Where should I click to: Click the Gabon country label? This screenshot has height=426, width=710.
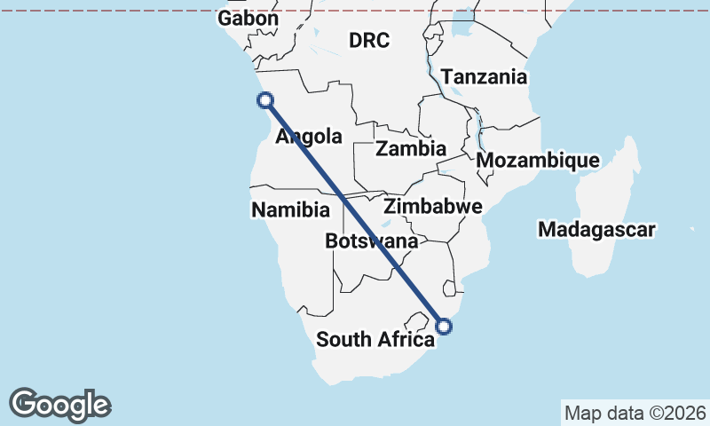click(x=248, y=19)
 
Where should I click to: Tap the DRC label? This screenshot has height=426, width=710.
click(x=368, y=40)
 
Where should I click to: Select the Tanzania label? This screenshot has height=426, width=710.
click(x=484, y=77)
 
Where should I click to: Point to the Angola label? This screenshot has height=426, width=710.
click(x=309, y=137)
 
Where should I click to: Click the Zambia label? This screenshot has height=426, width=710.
click(x=410, y=149)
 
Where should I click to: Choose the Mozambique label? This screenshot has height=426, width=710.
click(x=538, y=161)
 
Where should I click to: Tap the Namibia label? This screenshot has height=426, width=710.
click(x=290, y=210)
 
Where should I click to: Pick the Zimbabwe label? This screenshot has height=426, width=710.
click(x=432, y=207)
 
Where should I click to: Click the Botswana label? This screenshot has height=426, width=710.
click(x=371, y=241)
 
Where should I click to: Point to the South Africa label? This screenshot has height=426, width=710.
click(x=375, y=339)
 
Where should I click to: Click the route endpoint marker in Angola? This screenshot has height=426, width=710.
click(x=264, y=100)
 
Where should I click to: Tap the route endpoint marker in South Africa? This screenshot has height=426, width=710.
click(x=445, y=326)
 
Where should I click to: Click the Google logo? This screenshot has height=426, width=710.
click(x=59, y=405)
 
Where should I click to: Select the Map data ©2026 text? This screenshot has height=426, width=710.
click(x=635, y=413)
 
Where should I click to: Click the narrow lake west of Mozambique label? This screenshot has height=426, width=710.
click(x=480, y=133)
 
